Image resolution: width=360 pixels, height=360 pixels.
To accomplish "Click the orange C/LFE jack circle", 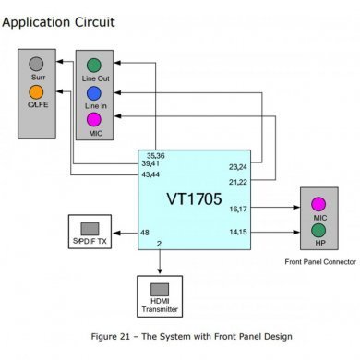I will (x=37, y=92).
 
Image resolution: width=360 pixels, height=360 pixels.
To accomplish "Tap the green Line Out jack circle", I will (x=93, y=66).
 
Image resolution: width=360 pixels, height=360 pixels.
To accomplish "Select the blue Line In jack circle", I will (x=93, y=93).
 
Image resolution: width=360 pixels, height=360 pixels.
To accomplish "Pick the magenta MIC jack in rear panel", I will (x=93, y=119).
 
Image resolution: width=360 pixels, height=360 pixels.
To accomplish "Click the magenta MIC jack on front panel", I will (x=318, y=203).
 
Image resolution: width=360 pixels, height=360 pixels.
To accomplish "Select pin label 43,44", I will (x=151, y=174).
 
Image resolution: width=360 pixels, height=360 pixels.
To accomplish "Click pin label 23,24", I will (x=239, y=167).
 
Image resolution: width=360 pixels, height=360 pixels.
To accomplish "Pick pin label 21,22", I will (x=239, y=182).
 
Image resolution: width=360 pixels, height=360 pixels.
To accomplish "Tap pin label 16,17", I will (x=239, y=210).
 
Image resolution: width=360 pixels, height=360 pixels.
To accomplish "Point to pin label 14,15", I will (x=239, y=232).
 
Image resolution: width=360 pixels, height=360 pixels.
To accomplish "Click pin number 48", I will (x=145, y=233).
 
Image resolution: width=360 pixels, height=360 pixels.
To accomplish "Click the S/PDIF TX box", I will (x=90, y=232).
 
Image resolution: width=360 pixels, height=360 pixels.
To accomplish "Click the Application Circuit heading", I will (x=58, y=21).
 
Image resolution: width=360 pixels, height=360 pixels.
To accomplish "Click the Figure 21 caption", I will (x=180, y=334).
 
